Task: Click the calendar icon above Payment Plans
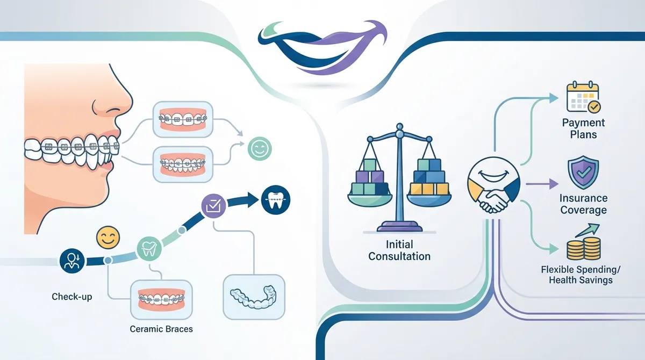click(x=583, y=97)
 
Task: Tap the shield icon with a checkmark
click(x=583, y=172)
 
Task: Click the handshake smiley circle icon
click(x=493, y=185)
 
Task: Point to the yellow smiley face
click(x=108, y=237)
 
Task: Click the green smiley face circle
click(x=260, y=148)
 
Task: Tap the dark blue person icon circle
click(x=72, y=261)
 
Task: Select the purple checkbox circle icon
click(x=213, y=206)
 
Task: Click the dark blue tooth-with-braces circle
click(x=276, y=200)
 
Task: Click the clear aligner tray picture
click(x=254, y=297)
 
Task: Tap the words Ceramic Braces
click(x=161, y=329)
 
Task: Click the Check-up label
click(x=72, y=297)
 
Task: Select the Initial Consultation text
click(x=399, y=250)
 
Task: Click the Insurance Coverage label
click(x=583, y=204)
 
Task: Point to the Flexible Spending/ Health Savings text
click(x=580, y=275)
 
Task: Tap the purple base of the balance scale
click(x=400, y=226)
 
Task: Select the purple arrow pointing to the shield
click(x=542, y=184)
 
